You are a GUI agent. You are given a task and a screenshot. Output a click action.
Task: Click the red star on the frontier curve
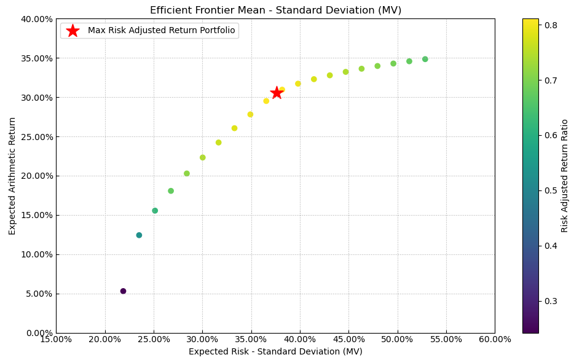coord(277,93)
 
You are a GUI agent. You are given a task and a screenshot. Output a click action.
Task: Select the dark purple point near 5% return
coord(123,291)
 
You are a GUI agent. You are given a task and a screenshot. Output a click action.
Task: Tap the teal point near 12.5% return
coord(139,235)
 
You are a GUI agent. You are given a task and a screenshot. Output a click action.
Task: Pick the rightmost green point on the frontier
coord(425,60)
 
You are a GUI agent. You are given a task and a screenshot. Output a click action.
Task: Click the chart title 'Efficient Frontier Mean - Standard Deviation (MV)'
coord(275,10)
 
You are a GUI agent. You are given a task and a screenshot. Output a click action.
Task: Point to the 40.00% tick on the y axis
coord(35,19)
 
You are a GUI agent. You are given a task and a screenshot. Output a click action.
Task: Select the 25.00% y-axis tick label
coord(35,136)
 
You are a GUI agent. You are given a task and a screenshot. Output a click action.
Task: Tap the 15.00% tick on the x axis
coord(56,339)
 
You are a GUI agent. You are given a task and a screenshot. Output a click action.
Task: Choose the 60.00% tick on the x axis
coord(494,339)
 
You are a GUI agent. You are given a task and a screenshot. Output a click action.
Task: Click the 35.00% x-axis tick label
coord(251,339)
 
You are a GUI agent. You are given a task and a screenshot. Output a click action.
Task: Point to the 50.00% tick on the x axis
coord(397,339)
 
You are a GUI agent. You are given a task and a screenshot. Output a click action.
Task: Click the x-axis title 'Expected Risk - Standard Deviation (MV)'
coord(275,352)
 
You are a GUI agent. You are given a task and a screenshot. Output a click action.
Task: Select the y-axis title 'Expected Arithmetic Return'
coord(12,176)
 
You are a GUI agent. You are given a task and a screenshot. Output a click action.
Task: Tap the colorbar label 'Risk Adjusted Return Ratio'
coord(565,176)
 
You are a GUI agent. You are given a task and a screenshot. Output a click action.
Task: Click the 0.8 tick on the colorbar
coord(551,25)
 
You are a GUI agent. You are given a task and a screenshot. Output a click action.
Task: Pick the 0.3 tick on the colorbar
coord(551,301)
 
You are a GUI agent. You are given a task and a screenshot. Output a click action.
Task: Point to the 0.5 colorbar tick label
coord(551,190)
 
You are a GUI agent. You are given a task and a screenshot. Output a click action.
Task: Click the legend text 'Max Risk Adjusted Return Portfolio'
coord(161,31)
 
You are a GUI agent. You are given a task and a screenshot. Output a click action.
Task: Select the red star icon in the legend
coord(73,31)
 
